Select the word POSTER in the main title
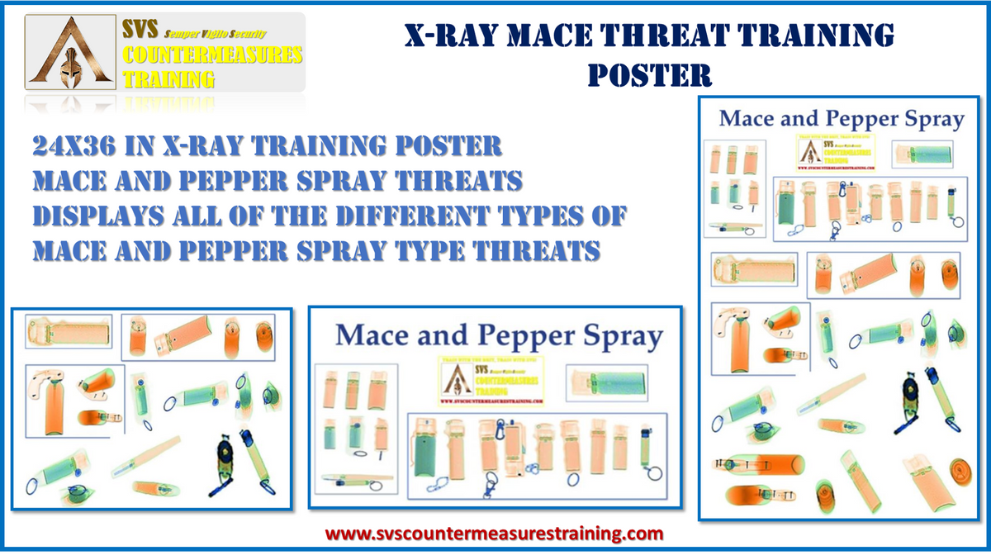coord(650,75)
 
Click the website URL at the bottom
coord(495,534)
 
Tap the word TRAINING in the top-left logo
coord(168,80)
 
